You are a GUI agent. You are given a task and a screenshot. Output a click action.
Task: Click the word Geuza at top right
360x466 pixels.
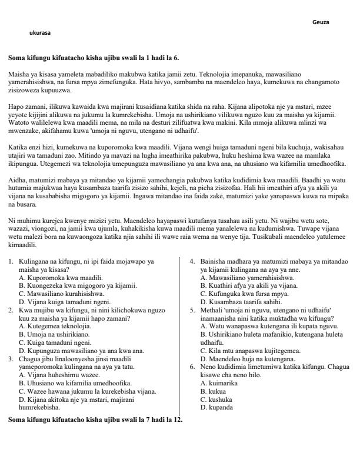click(321, 22)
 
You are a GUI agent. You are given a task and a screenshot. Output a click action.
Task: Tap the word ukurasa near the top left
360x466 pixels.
click(39, 33)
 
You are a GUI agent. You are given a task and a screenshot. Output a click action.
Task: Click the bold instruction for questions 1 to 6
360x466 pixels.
click(93, 58)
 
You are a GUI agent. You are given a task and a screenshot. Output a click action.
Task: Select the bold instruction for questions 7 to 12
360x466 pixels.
click(95, 420)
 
